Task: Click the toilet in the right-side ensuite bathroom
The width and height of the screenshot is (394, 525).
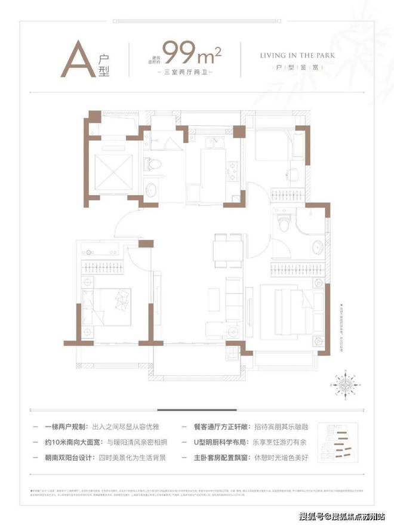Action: click(284, 225)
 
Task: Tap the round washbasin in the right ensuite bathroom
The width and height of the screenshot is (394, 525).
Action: click(315, 248)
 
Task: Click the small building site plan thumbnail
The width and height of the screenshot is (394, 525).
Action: click(338, 443)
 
